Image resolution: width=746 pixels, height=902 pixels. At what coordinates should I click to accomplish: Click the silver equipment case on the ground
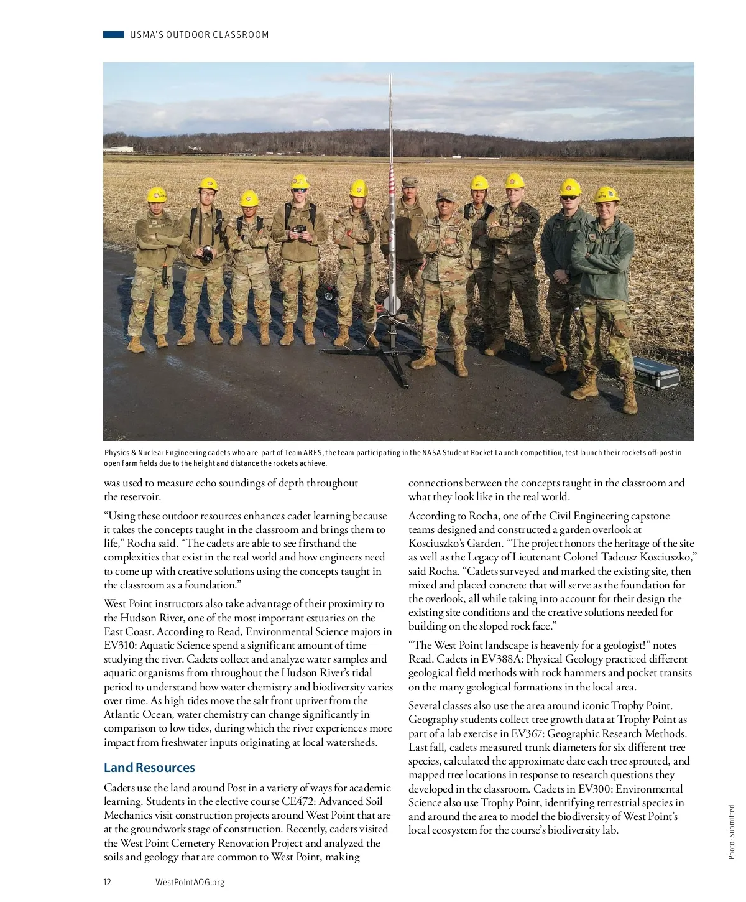[656, 373]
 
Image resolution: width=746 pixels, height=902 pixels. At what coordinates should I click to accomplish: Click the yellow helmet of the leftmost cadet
[157, 195]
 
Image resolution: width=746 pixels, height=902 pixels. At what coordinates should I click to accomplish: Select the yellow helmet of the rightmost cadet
[606, 195]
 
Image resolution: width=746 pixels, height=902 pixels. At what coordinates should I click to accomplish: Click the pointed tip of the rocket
[390, 77]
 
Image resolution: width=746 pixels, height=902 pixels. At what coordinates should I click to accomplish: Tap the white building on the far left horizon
[119, 150]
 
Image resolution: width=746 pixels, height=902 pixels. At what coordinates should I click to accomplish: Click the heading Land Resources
[149, 768]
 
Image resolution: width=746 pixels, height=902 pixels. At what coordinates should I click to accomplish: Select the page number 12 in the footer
[108, 882]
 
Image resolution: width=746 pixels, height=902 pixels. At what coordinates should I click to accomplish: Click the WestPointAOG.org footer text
[190, 882]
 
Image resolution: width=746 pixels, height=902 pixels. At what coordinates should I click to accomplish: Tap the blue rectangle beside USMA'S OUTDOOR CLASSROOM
[114, 35]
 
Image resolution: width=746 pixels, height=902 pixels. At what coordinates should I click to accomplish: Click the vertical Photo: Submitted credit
[731, 832]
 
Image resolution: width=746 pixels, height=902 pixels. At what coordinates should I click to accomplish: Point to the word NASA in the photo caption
[431, 453]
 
